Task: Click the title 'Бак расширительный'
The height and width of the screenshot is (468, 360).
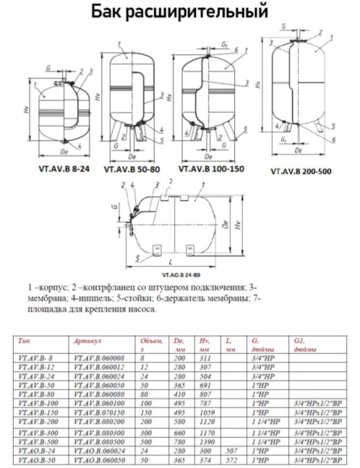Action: [179, 13]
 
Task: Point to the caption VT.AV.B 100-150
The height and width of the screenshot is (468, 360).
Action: [215, 170]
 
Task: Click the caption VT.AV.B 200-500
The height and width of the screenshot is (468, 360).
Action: [301, 171]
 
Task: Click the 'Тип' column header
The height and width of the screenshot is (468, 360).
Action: [23, 340]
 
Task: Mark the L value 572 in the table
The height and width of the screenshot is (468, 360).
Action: [231, 461]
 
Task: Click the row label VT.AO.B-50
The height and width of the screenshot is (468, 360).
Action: [35, 461]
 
